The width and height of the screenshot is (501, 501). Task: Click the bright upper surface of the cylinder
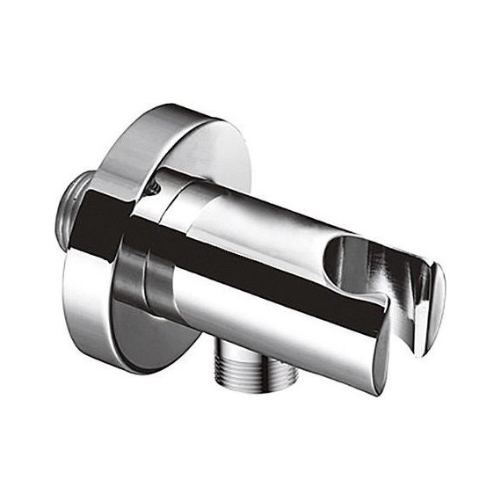click(x=264, y=211)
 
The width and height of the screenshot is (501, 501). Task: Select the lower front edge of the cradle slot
click(x=387, y=299)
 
